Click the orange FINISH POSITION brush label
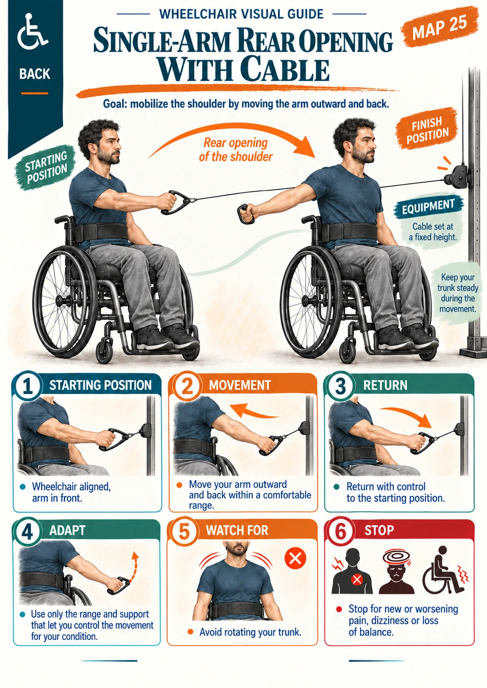coord(427,128)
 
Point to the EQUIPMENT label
coord(428,206)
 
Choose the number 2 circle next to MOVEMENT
coord(187,386)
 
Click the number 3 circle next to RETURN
coord(340,386)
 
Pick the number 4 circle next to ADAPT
coord(27,532)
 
